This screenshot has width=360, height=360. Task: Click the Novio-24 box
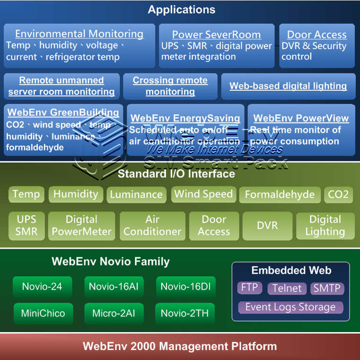point(42,286)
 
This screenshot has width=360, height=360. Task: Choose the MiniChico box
point(43,313)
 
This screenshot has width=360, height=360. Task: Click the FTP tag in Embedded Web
point(249,288)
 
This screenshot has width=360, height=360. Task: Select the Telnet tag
point(287,288)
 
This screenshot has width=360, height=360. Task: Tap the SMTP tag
point(327,288)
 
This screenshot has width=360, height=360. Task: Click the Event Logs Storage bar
point(290,307)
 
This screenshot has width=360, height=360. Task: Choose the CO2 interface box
point(338,194)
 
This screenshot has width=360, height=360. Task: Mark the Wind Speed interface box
point(203,194)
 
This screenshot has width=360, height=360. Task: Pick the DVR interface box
point(267,226)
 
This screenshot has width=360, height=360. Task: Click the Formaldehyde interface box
point(280,194)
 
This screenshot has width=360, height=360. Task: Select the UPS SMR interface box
point(26,226)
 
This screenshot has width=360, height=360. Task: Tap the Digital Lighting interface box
point(325,226)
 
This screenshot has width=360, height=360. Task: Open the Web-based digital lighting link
point(288,86)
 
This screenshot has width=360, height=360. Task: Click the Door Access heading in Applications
point(316,35)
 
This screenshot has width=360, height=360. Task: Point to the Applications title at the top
point(182,9)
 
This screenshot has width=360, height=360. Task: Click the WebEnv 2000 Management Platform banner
point(180,346)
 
